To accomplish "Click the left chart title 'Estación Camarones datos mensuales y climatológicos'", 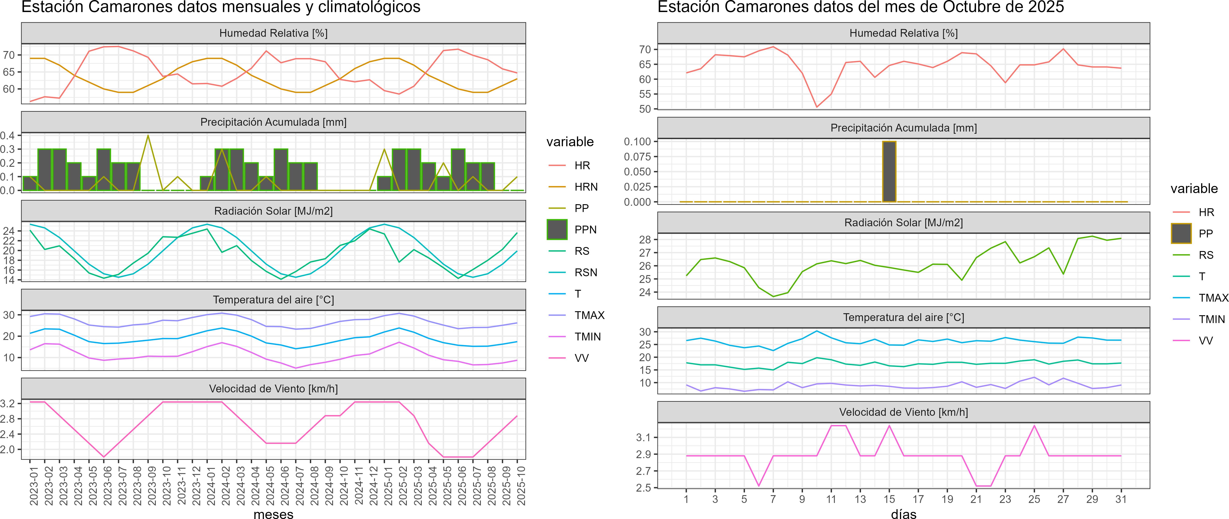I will click(x=221, y=7).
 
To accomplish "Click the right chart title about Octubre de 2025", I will click(x=861, y=7).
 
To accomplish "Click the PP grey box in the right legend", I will click(x=1181, y=233).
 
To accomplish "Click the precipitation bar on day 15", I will click(x=889, y=172).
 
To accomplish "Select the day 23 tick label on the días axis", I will click(x=1005, y=499).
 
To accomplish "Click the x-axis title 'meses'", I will click(x=273, y=514).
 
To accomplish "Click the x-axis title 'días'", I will click(x=904, y=514).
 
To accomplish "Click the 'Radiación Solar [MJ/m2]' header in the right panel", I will click(x=904, y=223).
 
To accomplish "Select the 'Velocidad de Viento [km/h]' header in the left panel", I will click(x=273, y=389).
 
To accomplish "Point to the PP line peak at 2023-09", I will click(x=148, y=136).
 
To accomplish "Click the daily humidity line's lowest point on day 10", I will click(x=817, y=107).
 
